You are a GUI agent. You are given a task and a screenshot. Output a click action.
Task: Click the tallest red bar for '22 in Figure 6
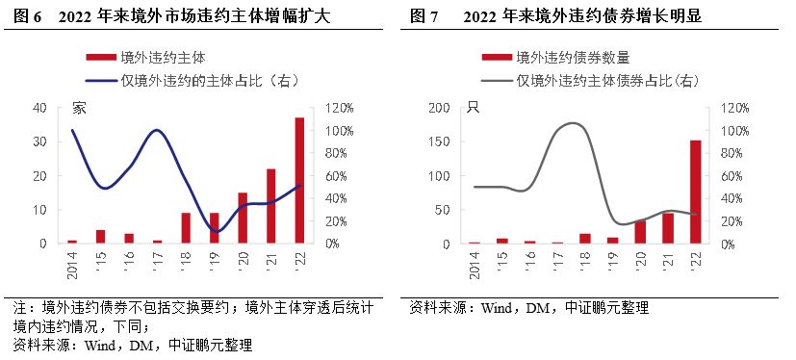click(x=299, y=180)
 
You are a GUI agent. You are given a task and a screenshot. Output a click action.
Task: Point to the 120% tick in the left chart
click(x=343, y=108)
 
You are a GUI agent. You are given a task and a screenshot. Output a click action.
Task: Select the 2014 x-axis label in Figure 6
click(x=72, y=263)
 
